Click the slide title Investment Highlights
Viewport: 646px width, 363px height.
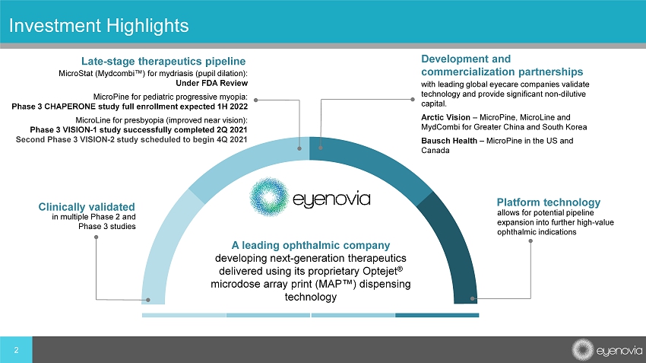coord(99,26)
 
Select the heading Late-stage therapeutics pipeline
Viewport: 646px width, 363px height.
coord(163,61)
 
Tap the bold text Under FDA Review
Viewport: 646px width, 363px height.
coord(212,83)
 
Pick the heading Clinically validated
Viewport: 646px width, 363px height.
coord(87,207)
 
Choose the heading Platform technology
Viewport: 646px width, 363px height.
coord(549,202)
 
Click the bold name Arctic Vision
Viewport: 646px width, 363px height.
coord(445,117)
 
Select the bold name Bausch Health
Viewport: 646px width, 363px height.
coord(449,141)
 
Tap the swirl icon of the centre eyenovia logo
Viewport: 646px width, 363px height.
coord(269,197)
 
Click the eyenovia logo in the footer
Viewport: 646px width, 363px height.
coord(607,350)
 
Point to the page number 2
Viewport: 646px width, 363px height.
coord(16,350)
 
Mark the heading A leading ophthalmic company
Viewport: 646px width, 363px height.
coord(311,245)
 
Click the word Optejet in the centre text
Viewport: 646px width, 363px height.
coord(380,271)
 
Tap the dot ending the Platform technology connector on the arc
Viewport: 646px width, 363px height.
coord(473,298)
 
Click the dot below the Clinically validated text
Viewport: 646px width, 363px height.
coord(96,237)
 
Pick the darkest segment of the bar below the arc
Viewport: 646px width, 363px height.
coord(437,315)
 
